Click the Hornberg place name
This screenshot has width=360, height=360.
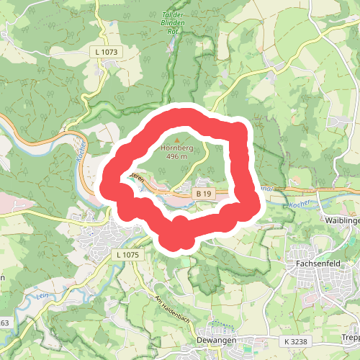pyautogui.click(x=173, y=146)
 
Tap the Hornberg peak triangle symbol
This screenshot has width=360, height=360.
pyautogui.click(x=177, y=138)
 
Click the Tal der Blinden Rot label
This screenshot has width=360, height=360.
pyautogui.click(x=172, y=22)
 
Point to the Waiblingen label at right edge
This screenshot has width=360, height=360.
pyautogui.click(x=342, y=220)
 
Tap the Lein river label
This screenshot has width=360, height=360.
pyautogui.click(x=43, y=295)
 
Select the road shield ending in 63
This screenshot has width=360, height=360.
pyautogui.click(x=4, y=322)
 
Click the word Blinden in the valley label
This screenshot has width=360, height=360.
pyautogui.click(x=172, y=22)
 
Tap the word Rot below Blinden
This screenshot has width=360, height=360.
pyautogui.click(x=172, y=31)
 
